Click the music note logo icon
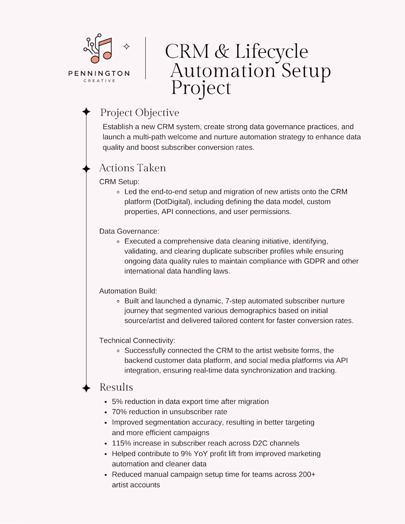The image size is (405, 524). (98, 49)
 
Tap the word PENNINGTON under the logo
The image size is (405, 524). (99, 73)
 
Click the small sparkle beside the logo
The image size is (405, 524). (126, 47)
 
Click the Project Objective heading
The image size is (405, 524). (140, 113)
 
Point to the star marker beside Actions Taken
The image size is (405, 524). (86, 169)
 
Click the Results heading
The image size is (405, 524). (116, 387)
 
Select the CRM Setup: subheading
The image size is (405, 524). (119, 181)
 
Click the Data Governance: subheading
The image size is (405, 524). (129, 231)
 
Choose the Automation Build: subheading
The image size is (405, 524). (128, 291)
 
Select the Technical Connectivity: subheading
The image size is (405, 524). (137, 340)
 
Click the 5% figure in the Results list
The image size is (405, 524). (118, 402)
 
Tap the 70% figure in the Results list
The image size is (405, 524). (120, 412)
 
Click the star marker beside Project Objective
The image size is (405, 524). (86, 112)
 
